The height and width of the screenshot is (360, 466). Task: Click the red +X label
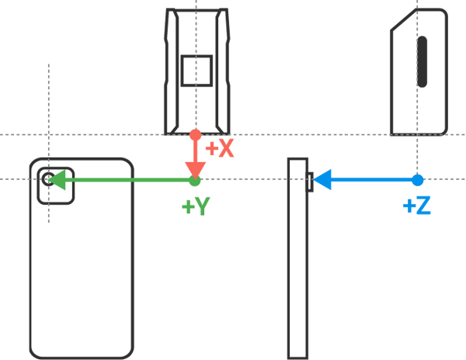click(x=219, y=148)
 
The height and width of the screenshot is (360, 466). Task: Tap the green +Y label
click(x=195, y=206)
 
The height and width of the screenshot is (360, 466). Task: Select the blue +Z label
click(x=417, y=206)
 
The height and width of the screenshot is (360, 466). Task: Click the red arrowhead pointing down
click(x=195, y=169)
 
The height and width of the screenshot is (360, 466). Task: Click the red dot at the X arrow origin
click(x=195, y=134)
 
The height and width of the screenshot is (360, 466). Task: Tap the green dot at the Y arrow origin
click(x=194, y=181)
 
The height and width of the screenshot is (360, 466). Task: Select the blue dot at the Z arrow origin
click(x=417, y=180)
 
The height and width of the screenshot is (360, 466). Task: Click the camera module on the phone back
click(x=56, y=186)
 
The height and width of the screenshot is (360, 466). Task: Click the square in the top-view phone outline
click(x=196, y=71)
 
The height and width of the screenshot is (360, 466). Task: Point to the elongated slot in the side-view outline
click(x=423, y=61)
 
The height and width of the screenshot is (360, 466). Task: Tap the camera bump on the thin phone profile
click(x=311, y=182)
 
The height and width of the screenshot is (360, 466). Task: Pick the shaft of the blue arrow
click(x=373, y=180)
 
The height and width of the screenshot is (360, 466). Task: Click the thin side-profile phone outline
click(x=297, y=264)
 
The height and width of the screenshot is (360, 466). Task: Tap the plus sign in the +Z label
click(x=409, y=206)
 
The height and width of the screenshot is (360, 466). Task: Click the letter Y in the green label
click(x=201, y=206)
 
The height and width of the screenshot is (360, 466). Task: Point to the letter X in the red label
click(x=225, y=148)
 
